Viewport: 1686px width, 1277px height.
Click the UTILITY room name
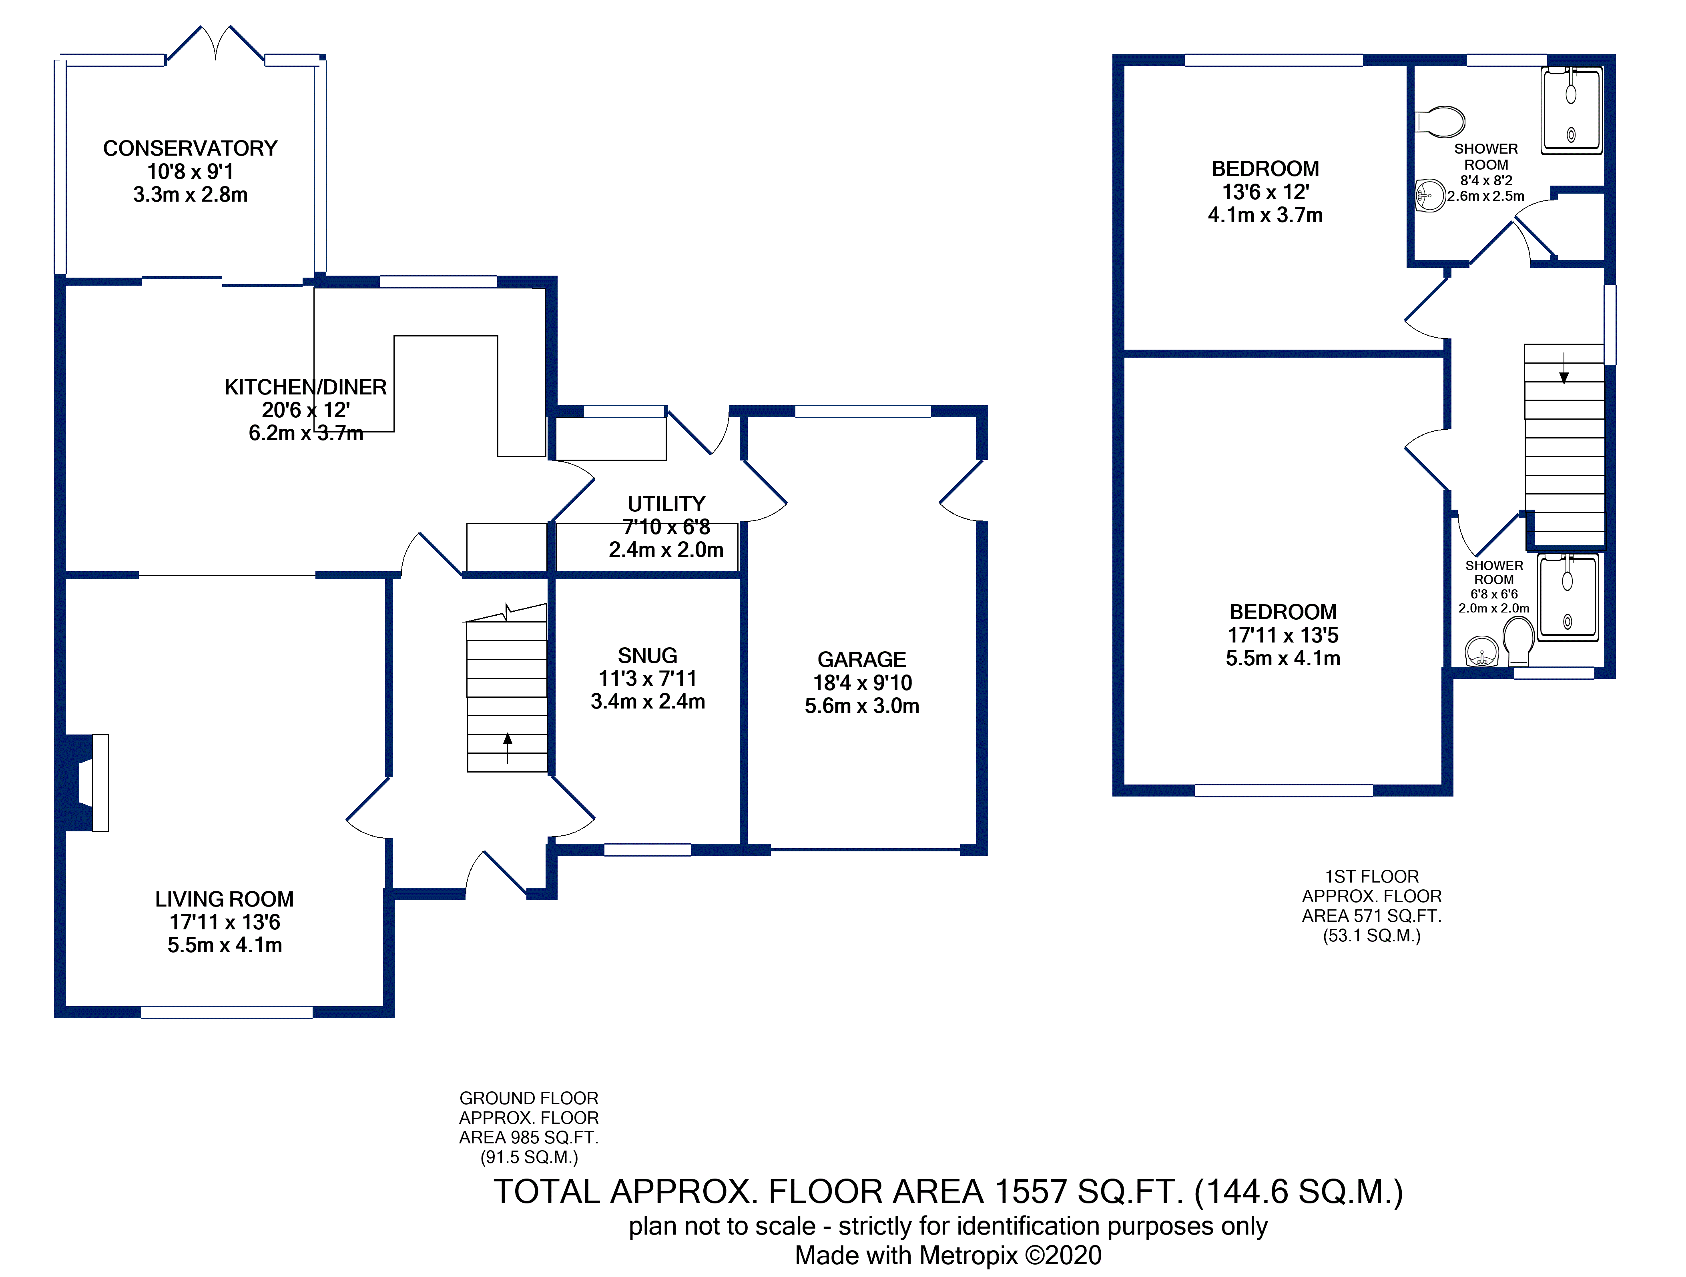click(x=666, y=504)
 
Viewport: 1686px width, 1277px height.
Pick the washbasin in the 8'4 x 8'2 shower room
click(x=1431, y=196)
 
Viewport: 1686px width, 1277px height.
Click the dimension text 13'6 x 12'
click(x=1265, y=192)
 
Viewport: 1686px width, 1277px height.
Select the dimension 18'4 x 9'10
click(x=862, y=683)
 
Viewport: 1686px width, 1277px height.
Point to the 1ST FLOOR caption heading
click(x=1371, y=877)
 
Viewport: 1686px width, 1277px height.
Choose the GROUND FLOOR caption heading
click(x=528, y=1098)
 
